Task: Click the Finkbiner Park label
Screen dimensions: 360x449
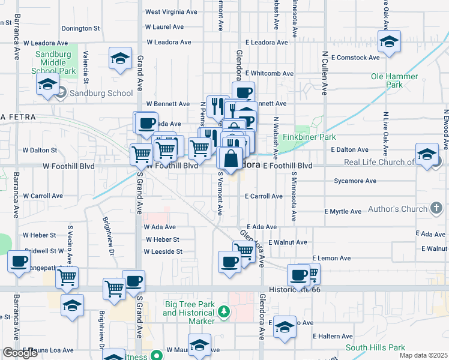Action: (x=318, y=137)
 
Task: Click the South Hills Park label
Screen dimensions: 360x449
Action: (x=375, y=347)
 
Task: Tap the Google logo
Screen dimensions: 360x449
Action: (x=20, y=353)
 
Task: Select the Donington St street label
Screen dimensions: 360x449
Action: (x=80, y=28)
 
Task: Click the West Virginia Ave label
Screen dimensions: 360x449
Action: (x=171, y=11)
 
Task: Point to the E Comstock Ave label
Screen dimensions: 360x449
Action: (x=354, y=58)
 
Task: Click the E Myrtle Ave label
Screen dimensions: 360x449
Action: (x=343, y=211)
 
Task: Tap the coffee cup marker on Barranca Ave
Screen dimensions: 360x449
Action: (x=19, y=261)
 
